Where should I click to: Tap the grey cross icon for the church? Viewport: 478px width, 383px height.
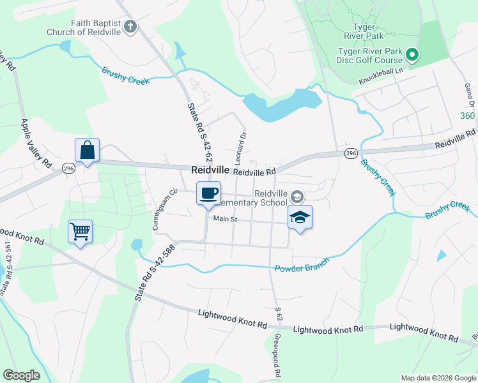click(131, 27)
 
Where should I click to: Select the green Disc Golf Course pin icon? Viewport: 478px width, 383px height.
click(412, 56)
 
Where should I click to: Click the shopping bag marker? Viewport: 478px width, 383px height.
click(88, 151)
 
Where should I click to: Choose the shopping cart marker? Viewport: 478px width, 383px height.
click(80, 232)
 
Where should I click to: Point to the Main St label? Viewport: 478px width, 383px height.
click(225, 219)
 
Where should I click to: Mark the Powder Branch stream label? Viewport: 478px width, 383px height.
click(302, 266)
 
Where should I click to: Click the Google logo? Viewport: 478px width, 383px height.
click(21, 375)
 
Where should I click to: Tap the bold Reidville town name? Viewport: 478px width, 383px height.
click(210, 170)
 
